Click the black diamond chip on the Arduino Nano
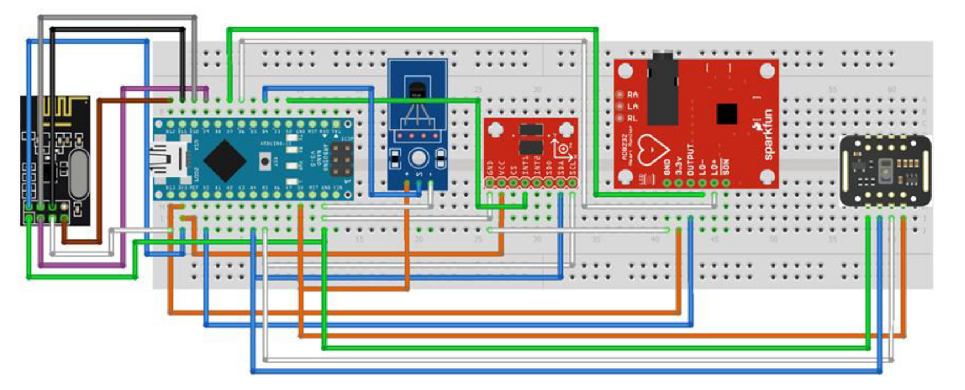225,159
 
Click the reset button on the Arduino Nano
265,162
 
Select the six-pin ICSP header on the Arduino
341,160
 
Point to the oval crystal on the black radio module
78,174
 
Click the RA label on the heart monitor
632,95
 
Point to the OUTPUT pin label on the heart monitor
690,159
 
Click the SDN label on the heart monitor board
725,166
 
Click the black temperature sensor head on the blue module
417,90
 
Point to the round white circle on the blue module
419,158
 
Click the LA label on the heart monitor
632,107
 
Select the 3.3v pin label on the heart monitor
678,165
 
